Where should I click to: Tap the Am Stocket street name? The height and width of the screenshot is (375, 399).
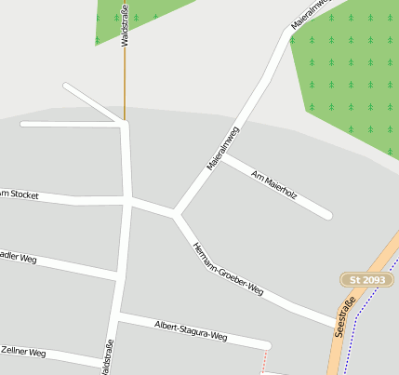click(19, 194)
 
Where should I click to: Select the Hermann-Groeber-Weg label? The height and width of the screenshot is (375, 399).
click(227, 269)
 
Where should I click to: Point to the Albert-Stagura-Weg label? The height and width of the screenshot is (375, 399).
click(191, 328)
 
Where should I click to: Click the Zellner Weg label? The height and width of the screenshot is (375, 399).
click(22, 352)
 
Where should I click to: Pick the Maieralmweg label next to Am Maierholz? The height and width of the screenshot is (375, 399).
click(223, 147)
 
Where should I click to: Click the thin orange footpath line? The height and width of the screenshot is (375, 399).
click(125, 84)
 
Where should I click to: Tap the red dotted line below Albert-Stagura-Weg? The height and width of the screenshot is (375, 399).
click(264, 357)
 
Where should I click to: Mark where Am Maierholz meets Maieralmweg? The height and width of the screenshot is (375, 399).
click(223, 156)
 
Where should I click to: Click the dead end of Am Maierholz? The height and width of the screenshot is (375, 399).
click(327, 215)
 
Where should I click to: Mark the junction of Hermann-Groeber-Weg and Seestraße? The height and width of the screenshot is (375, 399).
click(337, 324)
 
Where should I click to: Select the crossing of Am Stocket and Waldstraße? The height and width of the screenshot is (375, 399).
click(126, 200)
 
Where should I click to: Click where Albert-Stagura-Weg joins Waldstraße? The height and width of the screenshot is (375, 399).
click(118, 317)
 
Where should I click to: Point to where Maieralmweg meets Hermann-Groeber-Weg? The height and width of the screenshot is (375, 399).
click(176, 215)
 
